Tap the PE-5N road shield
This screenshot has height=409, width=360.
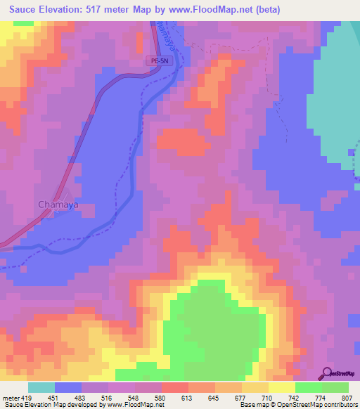coord(158,61)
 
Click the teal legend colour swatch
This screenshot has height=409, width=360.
coord(41,387)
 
